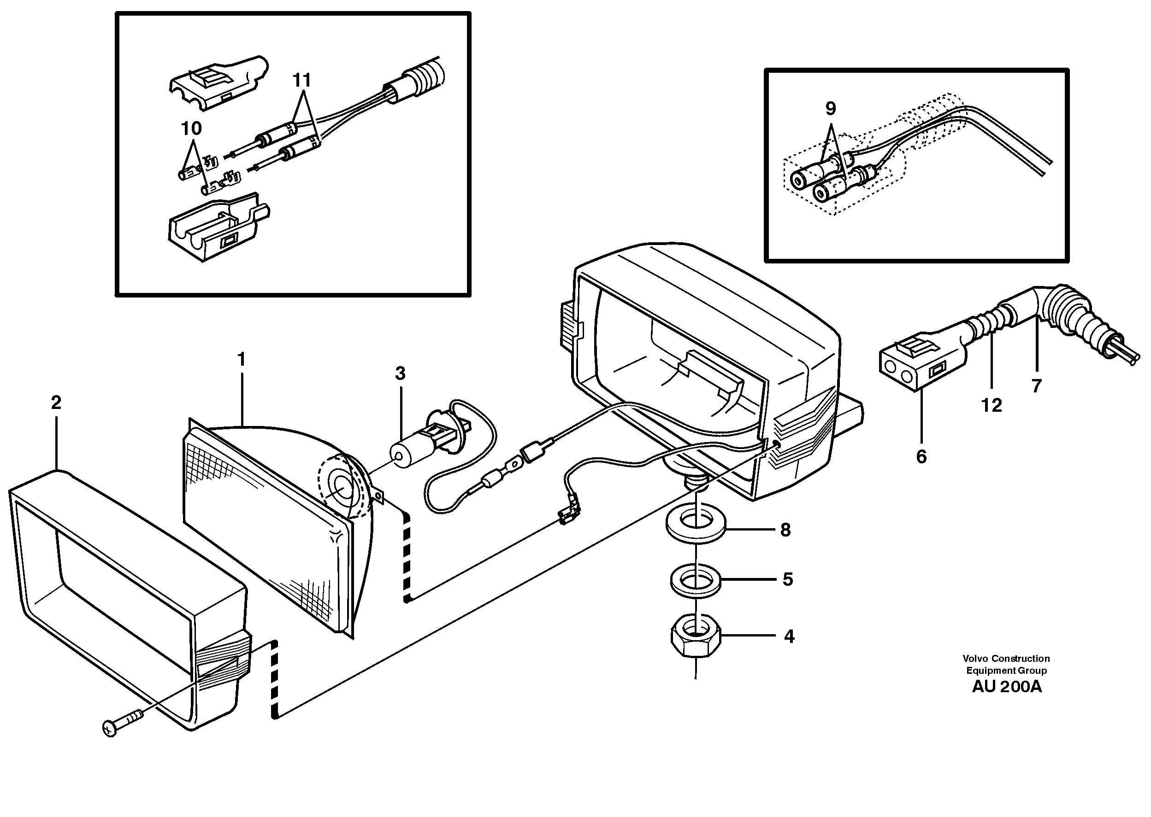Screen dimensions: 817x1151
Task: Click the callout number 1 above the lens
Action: point(241,360)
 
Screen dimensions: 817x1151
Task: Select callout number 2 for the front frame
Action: point(56,403)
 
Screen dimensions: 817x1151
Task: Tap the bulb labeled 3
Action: point(408,453)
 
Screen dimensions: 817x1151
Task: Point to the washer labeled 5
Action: point(695,582)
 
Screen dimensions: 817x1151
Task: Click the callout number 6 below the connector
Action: point(921,457)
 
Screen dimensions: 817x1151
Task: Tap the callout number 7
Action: point(1036,386)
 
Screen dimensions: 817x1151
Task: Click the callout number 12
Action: point(992,405)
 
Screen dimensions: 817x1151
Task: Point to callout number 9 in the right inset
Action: point(831,108)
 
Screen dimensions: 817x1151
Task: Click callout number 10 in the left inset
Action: point(191,128)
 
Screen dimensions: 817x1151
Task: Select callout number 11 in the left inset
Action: point(301,80)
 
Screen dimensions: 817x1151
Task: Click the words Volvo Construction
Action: point(1006,659)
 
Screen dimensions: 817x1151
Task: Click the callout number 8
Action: point(785,530)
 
